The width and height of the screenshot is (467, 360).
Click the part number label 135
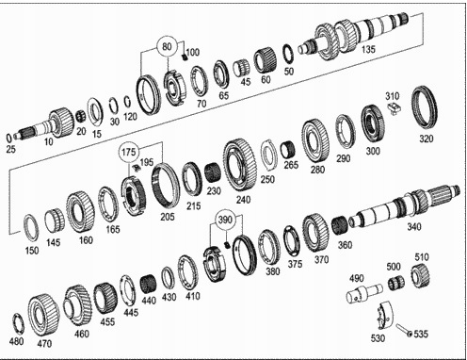point(367,49)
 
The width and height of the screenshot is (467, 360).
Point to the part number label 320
point(427,139)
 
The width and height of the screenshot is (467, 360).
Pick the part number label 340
point(414,226)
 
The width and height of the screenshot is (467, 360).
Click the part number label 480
point(17,341)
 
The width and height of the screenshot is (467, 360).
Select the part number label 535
point(420,334)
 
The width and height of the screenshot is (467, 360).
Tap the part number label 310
point(393,95)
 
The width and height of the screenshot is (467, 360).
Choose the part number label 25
point(10,150)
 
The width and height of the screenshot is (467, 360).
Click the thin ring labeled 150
point(30,226)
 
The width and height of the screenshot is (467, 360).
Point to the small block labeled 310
point(396,110)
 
